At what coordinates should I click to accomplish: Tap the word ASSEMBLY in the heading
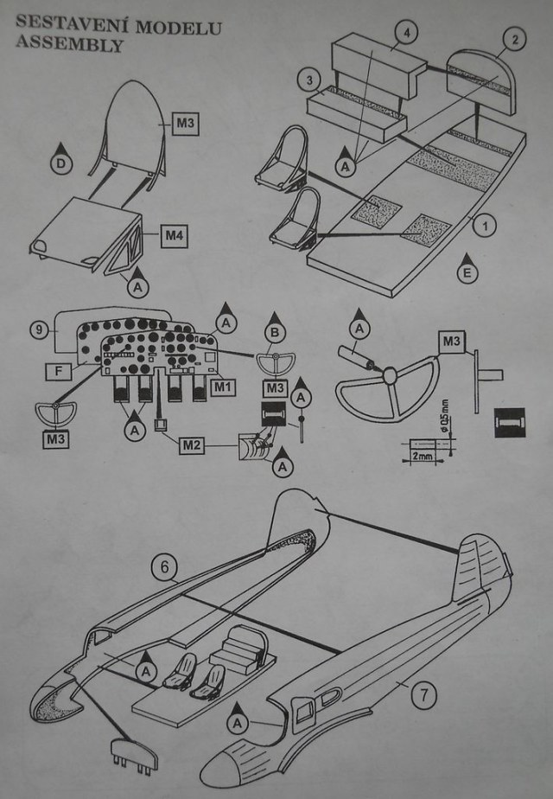pos(68,45)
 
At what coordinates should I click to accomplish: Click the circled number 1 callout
pos(486,227)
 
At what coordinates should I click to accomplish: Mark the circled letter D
pos(60,163)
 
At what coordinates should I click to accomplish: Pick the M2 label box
pos(192,445)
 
